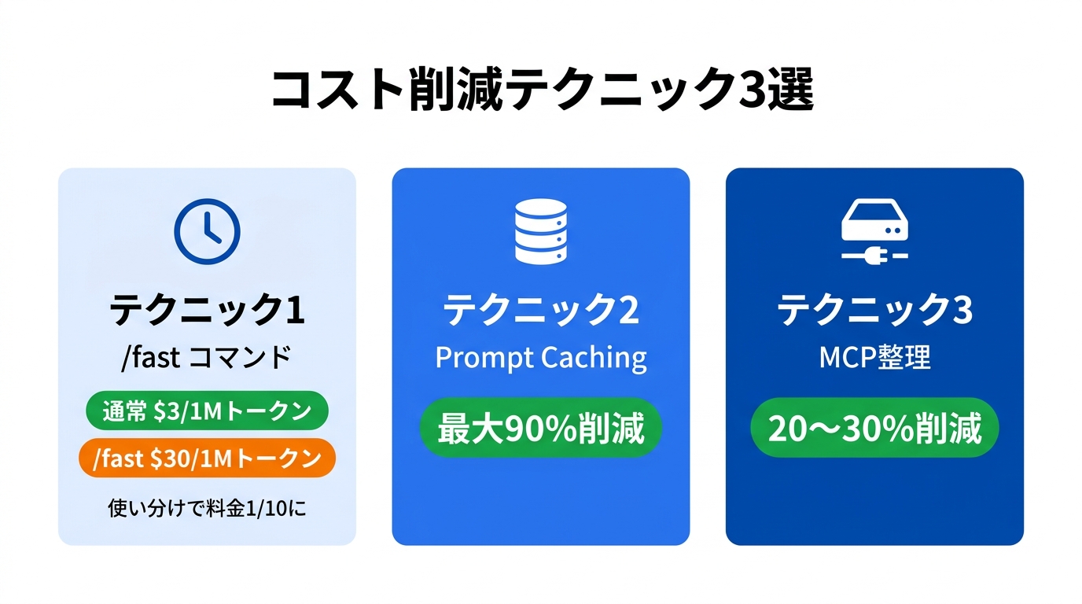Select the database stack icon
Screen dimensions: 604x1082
(540, 230)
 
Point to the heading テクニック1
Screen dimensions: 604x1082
(207, 311)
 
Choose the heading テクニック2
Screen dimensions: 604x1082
(541, 311)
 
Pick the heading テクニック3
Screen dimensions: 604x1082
(874, 311)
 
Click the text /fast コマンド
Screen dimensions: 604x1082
(207, 358)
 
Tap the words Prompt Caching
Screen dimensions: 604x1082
(541, 358)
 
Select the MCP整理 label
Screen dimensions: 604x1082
(874, 358)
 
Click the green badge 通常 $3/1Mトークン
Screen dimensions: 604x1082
(207, 411)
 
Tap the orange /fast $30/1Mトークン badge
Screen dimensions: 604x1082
(207, 459)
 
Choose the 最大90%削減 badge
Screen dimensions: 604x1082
(541, 429)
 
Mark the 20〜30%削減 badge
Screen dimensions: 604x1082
(874, 429)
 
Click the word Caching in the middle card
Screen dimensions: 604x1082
(593, 358)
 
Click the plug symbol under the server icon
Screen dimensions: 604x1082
(875, 255)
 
